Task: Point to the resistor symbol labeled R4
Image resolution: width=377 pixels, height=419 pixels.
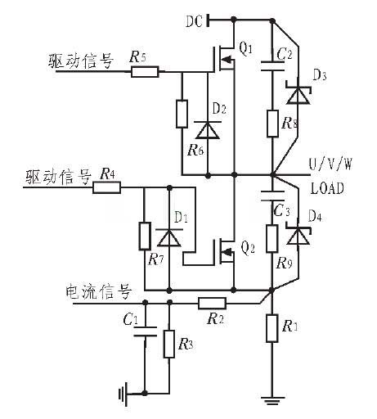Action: pyautogui.click(x=106, y=187)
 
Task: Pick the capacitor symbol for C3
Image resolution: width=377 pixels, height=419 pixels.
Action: pyautogui.click(x=272, y=197)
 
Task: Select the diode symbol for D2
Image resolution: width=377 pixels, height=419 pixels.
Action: pyautogui.click(x=209, y=129)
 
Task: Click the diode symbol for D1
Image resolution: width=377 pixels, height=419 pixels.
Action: pyautogui.click(x=168, y=238)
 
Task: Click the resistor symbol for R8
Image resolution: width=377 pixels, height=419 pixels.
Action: pyautogui.click(x=272, y=124)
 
